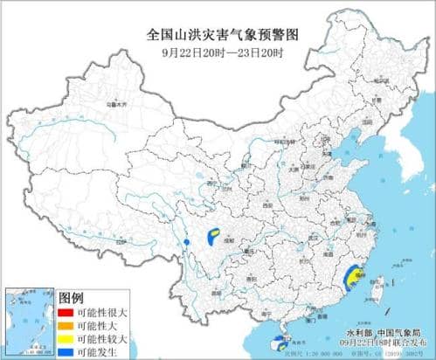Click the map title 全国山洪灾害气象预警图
click(218, 36)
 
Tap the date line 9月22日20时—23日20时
click(218, 52)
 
